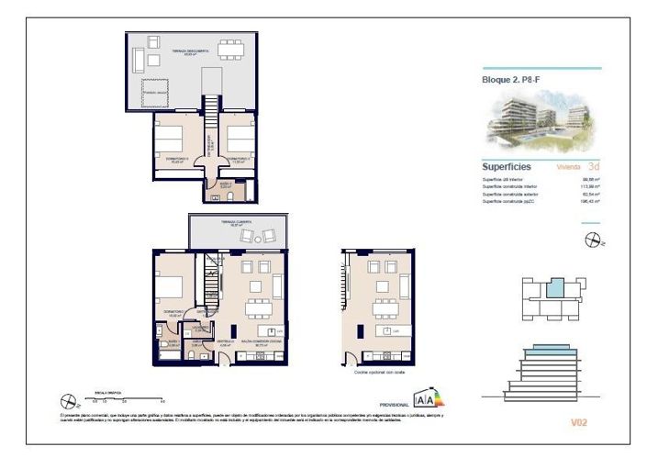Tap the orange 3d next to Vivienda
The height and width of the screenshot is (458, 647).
pyautogui.click(x=595, y=167)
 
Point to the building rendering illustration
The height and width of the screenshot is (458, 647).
pyautogui.click(x=541, y=124)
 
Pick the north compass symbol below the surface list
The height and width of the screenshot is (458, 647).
pyautogui.click(x=594, y=240)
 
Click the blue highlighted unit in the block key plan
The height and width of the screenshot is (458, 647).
pyautogui.click(x=555, y=289)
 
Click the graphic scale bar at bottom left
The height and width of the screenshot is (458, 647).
pyautogui.click(x=124, y=397)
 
